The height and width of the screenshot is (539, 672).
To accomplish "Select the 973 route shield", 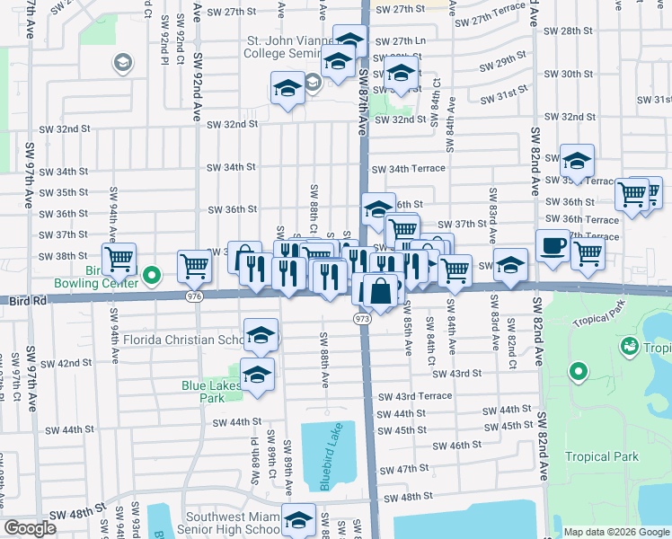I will (363, 319).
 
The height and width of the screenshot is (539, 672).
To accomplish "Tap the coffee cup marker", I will (553, 245).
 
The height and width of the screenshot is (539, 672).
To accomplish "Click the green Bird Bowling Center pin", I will (152, 275).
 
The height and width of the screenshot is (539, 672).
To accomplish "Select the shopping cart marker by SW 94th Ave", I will (119, 261).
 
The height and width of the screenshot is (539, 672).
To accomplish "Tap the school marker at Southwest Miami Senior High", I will (299, 520).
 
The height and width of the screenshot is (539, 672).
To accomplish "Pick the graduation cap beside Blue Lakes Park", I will (257, 374).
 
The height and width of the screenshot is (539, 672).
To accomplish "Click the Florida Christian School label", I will (184, 340).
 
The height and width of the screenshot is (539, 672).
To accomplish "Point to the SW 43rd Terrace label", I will (414, 396).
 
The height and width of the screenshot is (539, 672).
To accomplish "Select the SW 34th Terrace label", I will (409, 169).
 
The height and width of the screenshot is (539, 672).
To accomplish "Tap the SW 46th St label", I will (458, 446).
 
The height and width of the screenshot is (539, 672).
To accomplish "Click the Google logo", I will (30, 528).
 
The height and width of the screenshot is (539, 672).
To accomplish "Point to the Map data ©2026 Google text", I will (615, 532).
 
